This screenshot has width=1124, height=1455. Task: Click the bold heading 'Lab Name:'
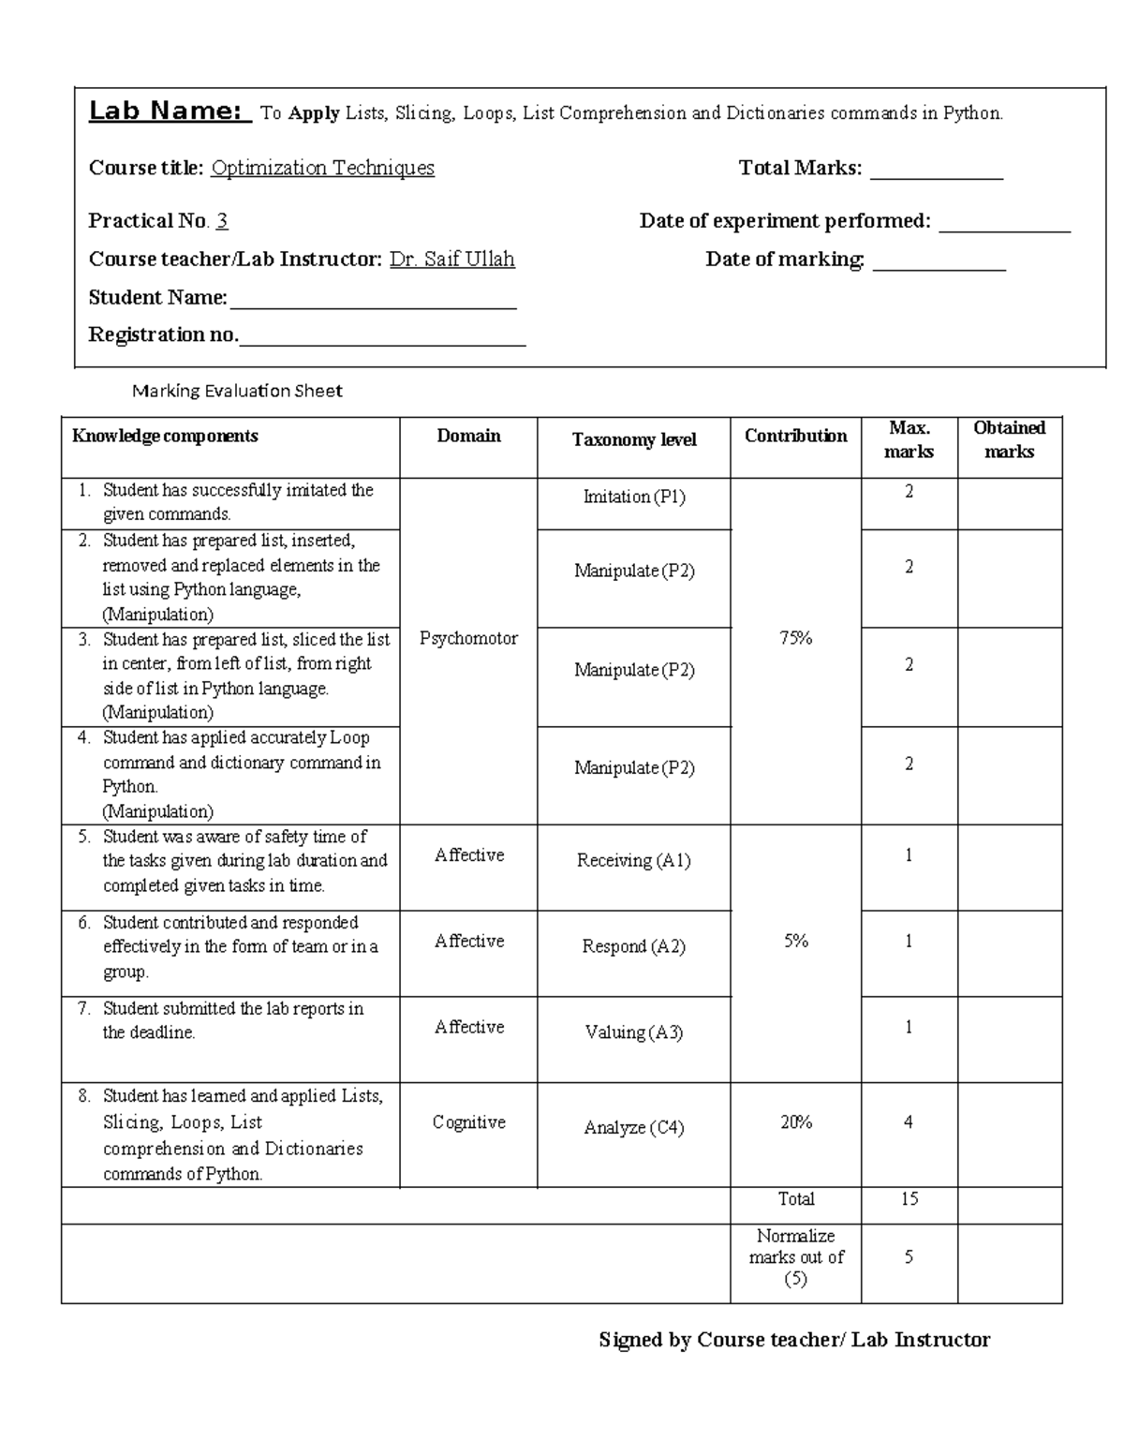click(x=169, y=111)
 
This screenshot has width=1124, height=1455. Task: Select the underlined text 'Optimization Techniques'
click(x=322, y=168)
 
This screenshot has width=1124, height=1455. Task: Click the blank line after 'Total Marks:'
click(x=936, y=174)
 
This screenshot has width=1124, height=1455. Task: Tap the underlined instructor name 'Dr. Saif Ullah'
click(x=451, y=259)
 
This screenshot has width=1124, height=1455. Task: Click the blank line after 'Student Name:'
click(x=373, y=304)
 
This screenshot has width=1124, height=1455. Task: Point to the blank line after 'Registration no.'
click(x=382, y=341)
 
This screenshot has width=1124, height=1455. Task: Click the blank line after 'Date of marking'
click(x=939, y=266)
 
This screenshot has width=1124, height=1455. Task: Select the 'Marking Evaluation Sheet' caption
click(x=237, y=391)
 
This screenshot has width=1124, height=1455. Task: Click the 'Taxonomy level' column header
click(x=634, y=439)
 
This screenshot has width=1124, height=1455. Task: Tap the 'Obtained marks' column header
click(x=1009, y=439)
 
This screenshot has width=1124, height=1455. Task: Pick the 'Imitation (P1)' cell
click(x=634, y=497)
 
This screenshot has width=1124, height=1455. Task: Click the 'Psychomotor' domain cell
click(x=468, y=638)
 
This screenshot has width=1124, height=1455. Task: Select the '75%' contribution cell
click(x=795, y=638)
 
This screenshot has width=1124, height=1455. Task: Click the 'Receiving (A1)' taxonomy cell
click(x=634, y=860)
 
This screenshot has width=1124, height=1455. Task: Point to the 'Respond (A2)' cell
click(x=634, y=946)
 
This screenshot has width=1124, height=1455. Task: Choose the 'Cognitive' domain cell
click(x=468, y=1122)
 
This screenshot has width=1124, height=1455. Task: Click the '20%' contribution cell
click(x=796, y=1122)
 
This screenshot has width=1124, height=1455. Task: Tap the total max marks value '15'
click(x=910, y=1199)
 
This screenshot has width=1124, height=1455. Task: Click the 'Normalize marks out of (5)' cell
click(x=796, y=1257)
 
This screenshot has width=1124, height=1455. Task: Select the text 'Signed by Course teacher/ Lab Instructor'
click(x=794, y=1340)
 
